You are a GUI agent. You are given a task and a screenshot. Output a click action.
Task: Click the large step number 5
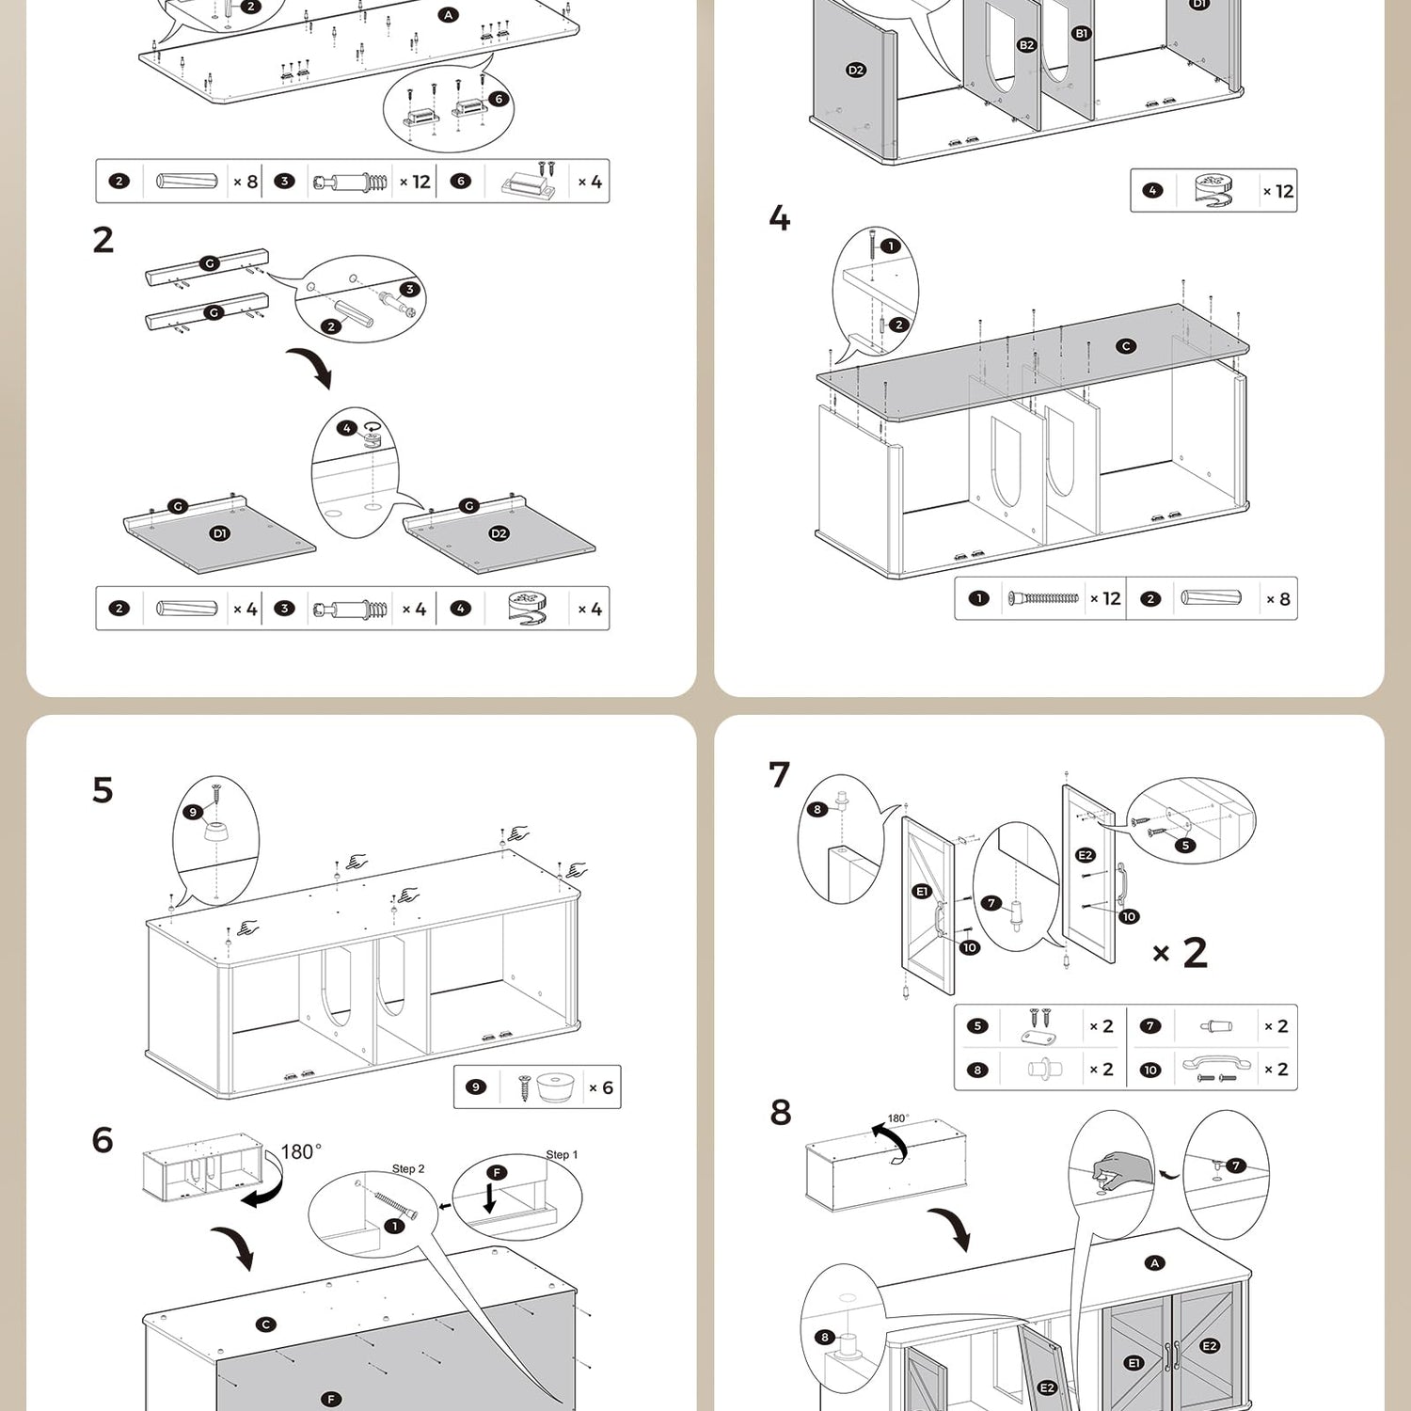point(103,790)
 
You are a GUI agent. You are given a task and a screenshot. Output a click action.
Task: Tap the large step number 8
point(781,1112)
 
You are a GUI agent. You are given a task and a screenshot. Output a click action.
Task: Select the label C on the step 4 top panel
point(1126,346)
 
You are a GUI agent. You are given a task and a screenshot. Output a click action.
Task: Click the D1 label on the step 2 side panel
point(219,533)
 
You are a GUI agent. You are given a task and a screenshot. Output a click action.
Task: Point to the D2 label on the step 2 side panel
point(499,533)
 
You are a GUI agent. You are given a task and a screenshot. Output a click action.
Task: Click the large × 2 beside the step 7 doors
point(1181,953)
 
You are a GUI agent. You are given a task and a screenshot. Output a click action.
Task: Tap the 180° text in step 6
point(301,1151)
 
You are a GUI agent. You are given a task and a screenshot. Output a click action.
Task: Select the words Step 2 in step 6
point(408,1168)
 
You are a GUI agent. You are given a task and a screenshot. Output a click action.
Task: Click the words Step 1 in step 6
point(562,1154)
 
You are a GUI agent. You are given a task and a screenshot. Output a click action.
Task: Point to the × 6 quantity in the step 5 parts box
point(601,1088)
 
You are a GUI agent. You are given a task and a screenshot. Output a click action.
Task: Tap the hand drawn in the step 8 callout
point(1121,1169)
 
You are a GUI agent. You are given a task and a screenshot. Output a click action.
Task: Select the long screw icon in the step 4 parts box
point(1044,598)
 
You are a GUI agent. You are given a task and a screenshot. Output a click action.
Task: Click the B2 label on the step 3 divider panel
point(1026,45)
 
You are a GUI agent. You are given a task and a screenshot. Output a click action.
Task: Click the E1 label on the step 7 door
point(922,891)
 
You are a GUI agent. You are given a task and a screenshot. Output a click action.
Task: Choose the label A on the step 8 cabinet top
point(1155,1263)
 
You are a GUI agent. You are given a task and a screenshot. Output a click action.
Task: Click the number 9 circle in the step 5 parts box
point(476,1087)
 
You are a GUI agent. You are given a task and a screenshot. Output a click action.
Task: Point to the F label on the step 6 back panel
point(331,1399)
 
